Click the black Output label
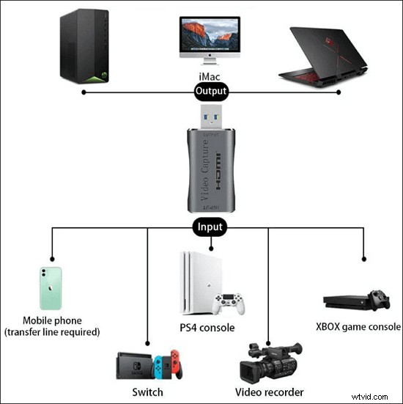click(x=210, y=92)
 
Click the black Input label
click(x=210, y=227)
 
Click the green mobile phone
click(x=51, y=290)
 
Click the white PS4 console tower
click(x=193, y=282)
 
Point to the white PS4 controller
click(x=227, y=301)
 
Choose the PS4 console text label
click(x=207, y=326)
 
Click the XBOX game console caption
click(x=358, y=327)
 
